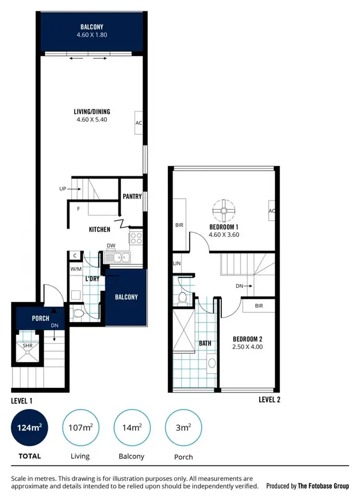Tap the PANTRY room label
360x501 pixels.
click(x=132, y=196)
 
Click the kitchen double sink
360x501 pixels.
click(x=117, y=258)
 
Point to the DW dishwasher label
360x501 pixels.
click(x=111, y=246)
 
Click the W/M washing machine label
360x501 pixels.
click(x=76, y=269)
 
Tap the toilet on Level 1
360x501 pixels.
click(x=78, y=314)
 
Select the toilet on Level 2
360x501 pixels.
click(x=182, y=298)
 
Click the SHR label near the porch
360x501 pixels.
click(x=22, y=345)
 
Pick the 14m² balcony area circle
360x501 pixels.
click(x=132, y=428)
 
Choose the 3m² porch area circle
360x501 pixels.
click(x=183, y=428)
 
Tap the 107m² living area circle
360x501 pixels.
click(x=81, y=428)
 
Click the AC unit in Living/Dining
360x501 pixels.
click(x=139, y=123)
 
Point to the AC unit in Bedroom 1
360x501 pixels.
click(x=272, y=211)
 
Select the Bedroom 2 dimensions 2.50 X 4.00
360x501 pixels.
click(x=248, y=346)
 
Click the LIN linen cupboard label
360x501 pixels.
click(x=177, y=263)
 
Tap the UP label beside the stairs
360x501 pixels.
click(x=62, y=189)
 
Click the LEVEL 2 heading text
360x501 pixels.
click(x=269, y=399)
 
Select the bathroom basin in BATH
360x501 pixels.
click(x=211, y=363)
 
